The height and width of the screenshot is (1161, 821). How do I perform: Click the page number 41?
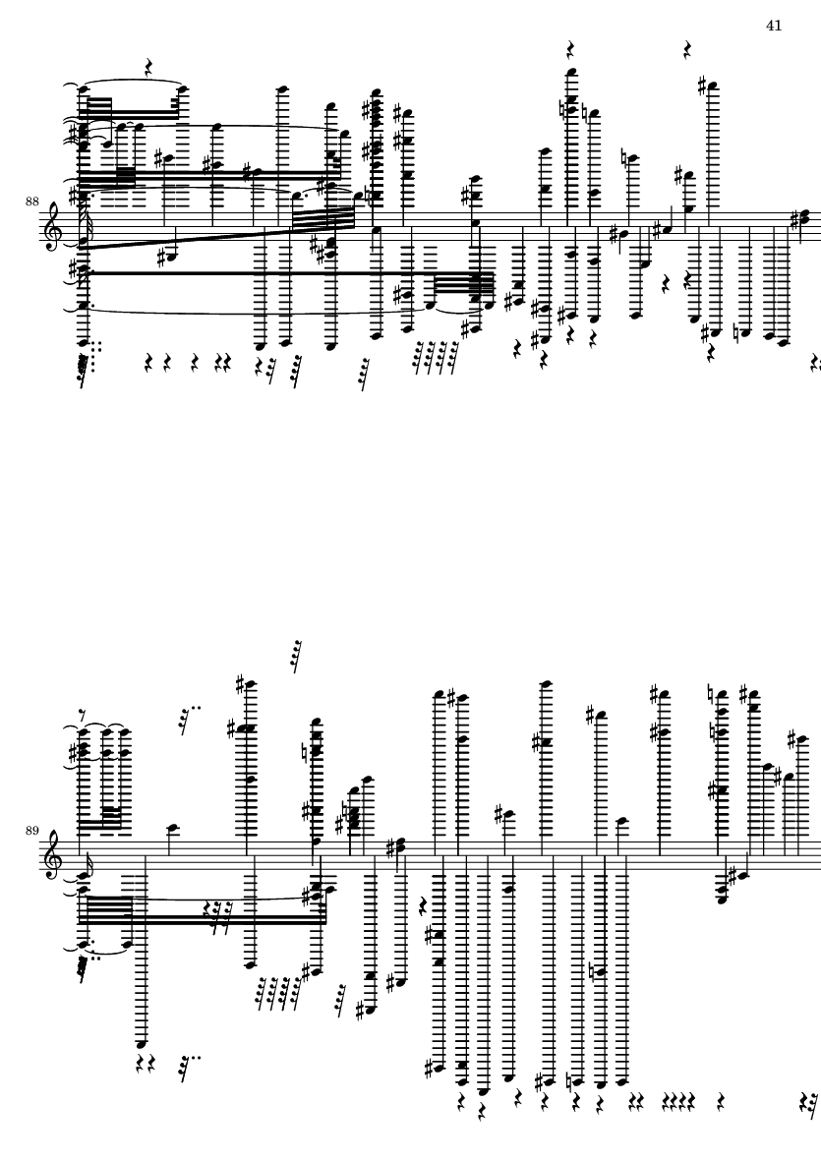coord(773,26)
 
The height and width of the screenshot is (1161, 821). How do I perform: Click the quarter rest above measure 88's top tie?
coord(148,68)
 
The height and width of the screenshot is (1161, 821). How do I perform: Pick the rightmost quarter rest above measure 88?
coord(690,49)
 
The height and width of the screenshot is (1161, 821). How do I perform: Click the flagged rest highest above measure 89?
coord(295,655)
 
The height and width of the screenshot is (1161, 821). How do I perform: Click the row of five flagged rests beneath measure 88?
coord(434,356)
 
